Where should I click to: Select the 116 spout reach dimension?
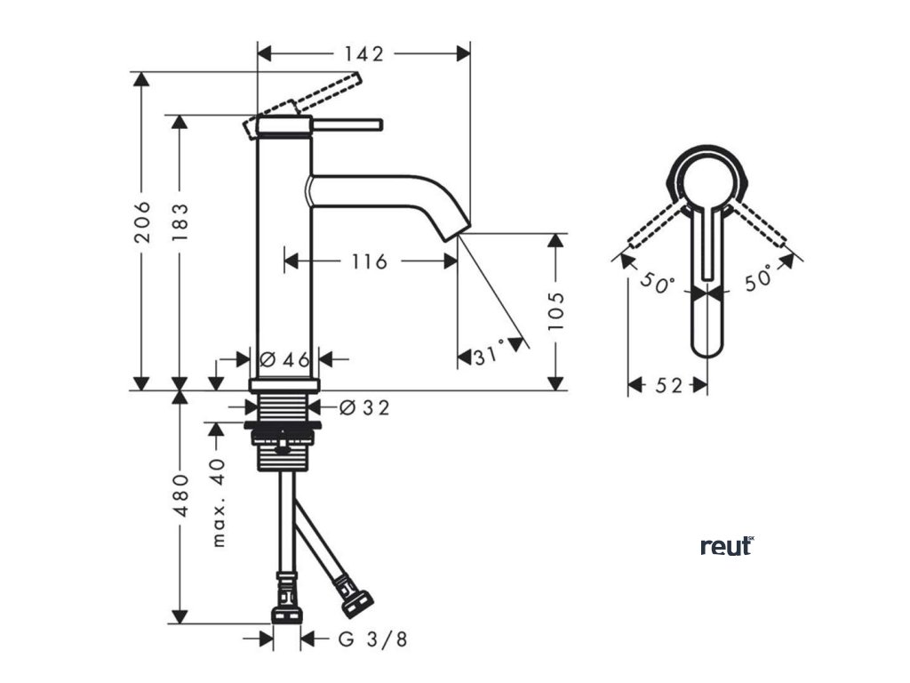pos(369,261)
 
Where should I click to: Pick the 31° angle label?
pos(489,358)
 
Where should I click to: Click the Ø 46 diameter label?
pos(284,359)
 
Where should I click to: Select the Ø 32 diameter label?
pos(365,407)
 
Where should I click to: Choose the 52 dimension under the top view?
pos(667,385)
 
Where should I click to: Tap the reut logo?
pos(726,545)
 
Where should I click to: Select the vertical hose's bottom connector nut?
pos(286,615)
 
